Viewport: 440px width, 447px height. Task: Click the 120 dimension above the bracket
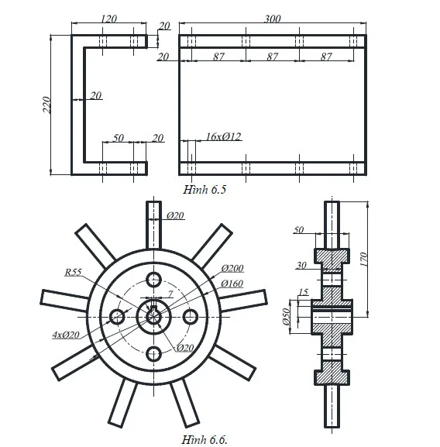point(109,18)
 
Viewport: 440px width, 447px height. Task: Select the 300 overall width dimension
point(273,18)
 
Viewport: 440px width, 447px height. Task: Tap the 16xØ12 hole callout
point(223,137)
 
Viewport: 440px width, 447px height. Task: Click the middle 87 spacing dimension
point(273,57)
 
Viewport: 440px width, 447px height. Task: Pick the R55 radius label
point(74,272)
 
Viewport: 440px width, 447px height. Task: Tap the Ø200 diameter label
point(232,269)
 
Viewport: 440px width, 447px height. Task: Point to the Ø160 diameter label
point(232,284)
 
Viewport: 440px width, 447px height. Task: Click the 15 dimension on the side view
point(302,292)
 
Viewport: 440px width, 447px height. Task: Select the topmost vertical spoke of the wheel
point(154,225)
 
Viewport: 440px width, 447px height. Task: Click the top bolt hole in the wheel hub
point(154,279)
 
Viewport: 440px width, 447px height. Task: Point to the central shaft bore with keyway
point(153,316)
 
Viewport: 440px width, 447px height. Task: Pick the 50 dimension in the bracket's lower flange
point(118,138)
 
